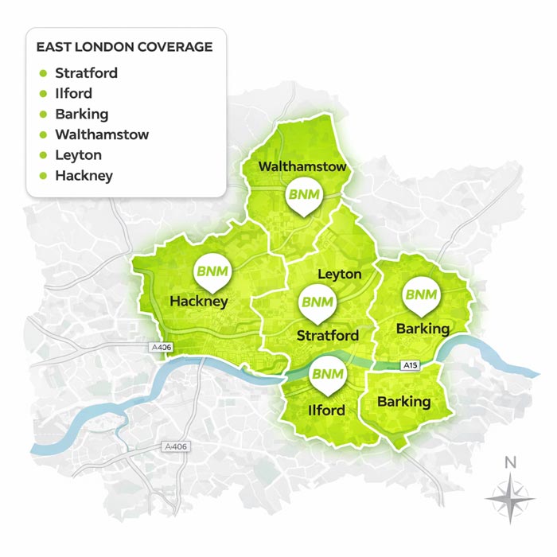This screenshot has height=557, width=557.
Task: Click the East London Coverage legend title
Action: [x=124, y=47]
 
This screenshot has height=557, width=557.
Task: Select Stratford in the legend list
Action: [x=86, y=73]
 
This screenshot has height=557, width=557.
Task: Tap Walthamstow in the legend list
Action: [x=102, y=134]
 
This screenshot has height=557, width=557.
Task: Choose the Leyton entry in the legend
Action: [x=78, y=155]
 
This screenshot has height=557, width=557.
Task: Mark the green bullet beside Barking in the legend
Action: [x=43, y=115]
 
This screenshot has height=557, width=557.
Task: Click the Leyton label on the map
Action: [x=339, y=275]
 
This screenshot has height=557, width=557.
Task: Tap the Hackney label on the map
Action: [x=199, y=302]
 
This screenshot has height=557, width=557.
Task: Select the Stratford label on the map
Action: [x=327, y=336]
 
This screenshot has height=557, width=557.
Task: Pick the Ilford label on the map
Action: [x=325, y=411]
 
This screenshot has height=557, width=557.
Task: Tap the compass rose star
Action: [x=512, y=497]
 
